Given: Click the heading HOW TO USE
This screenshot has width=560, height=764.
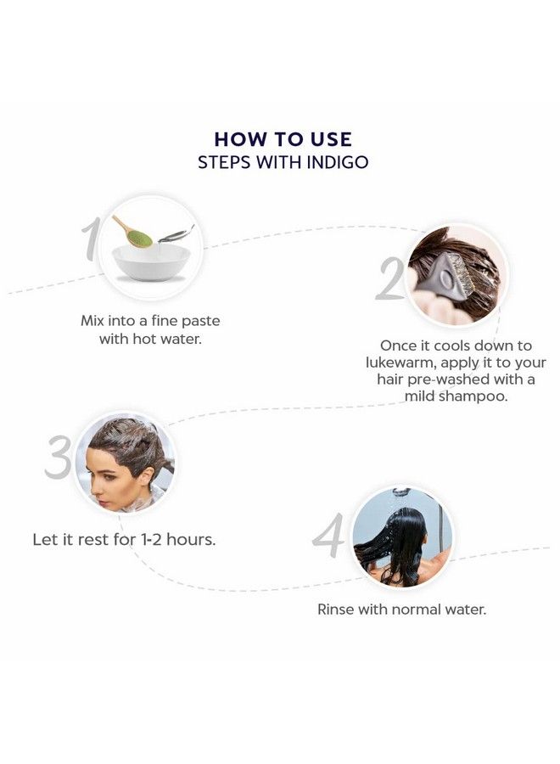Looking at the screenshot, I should point(283,138).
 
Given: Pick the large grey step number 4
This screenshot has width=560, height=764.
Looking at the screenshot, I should point(328,536).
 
